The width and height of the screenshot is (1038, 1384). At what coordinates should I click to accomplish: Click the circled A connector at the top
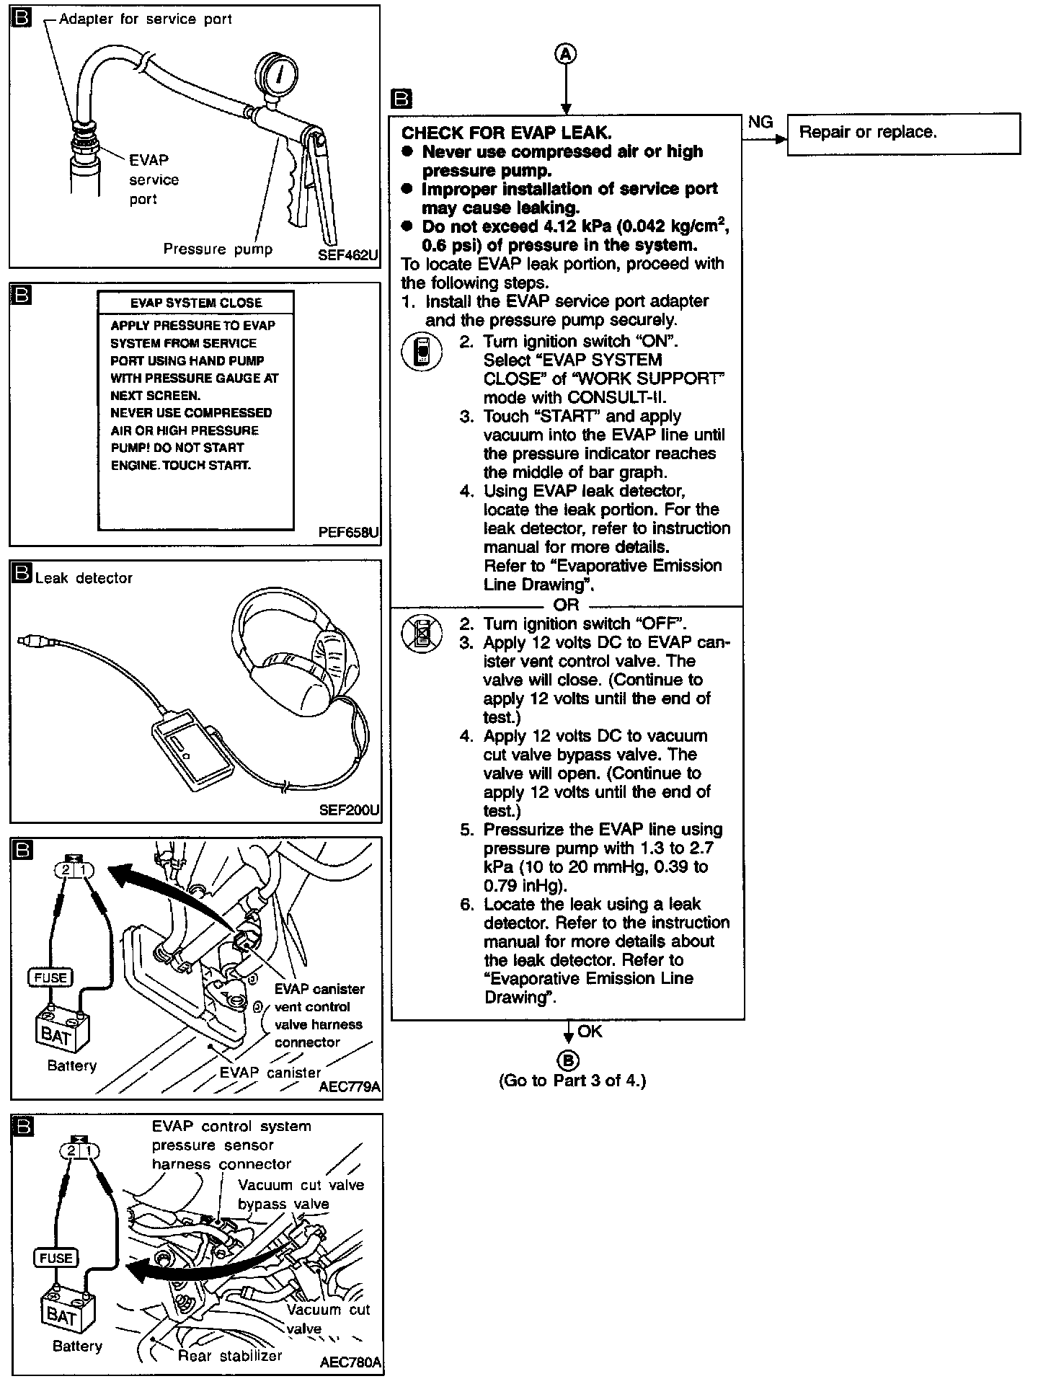[567, 54]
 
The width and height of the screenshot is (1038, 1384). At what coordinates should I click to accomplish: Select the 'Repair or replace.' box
[903, 133]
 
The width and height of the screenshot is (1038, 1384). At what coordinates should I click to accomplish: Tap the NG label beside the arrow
[760, 123]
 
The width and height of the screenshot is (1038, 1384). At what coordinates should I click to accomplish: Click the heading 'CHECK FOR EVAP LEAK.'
[506, 133]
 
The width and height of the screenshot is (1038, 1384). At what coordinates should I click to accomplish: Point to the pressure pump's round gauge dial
[277, 74]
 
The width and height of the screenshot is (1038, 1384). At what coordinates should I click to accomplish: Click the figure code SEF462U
[348, 255]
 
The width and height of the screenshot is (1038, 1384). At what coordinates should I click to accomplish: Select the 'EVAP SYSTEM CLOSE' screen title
[195, 303]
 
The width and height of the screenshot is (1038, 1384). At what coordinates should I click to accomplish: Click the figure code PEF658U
[348, 533]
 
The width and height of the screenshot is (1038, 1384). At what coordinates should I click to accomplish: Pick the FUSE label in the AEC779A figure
[50, 977]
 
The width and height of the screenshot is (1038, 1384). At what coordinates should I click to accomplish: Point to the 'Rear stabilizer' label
[230, 1356]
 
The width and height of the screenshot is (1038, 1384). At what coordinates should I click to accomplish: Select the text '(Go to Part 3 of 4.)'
[572, 1081]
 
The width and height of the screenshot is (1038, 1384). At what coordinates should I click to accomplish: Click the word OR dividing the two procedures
[566, 605]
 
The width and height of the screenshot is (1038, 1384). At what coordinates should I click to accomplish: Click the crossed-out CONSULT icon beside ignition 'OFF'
[422, 634]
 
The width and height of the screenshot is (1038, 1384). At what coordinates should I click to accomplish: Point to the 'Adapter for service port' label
[145, 19]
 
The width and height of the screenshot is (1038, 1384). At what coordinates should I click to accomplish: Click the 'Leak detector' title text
[84, 578]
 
